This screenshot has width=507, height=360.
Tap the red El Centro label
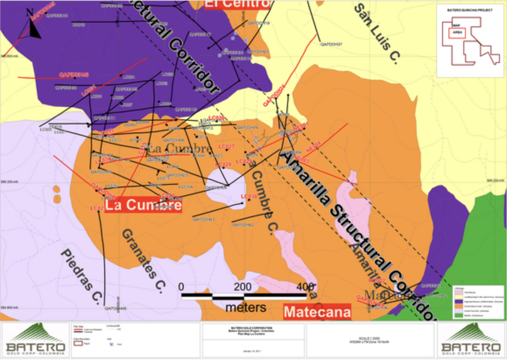236,4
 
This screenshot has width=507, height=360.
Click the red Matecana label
317,312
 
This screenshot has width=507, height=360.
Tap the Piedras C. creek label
81,276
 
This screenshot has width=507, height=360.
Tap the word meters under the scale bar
246,307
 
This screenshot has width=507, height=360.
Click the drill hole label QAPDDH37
331,44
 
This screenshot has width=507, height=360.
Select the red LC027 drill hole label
226,146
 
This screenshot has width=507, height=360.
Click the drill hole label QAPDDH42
243,225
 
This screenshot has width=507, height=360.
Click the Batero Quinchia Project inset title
469,10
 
